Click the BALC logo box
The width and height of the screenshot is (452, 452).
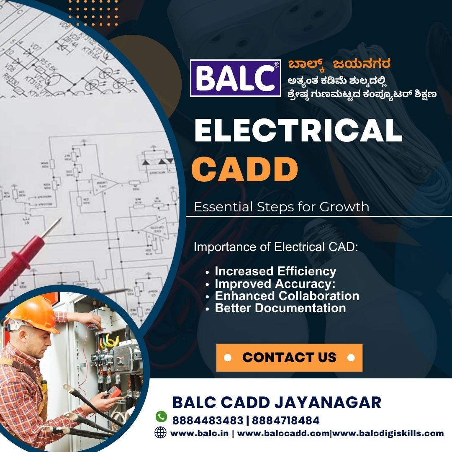click(236, 78)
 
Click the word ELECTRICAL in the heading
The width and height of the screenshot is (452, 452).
click(298, 131)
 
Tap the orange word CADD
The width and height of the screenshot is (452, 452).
click(245, 169)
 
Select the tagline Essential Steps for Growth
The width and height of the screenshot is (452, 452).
click(281, 207)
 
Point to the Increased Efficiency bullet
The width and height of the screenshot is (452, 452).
click(275, 271)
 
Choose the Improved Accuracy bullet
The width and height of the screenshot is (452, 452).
click(275, 284)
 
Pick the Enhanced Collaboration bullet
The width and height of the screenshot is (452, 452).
click(287, 296)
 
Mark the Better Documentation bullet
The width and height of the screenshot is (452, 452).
click(280, 308)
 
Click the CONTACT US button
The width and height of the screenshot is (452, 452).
click(289, 357)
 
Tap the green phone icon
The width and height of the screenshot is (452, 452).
click(161, 416)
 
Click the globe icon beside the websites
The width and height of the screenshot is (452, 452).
click(161, 433)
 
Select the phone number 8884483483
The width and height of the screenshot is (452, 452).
click(208, 421)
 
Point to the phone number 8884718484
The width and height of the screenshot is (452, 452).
click(286, 421)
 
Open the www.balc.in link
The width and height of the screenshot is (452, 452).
click(199, 433)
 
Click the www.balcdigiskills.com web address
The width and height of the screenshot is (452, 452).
click(388, 433)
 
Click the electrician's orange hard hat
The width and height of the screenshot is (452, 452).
click(33, 314)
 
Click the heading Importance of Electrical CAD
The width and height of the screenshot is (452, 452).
click(276, 247)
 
